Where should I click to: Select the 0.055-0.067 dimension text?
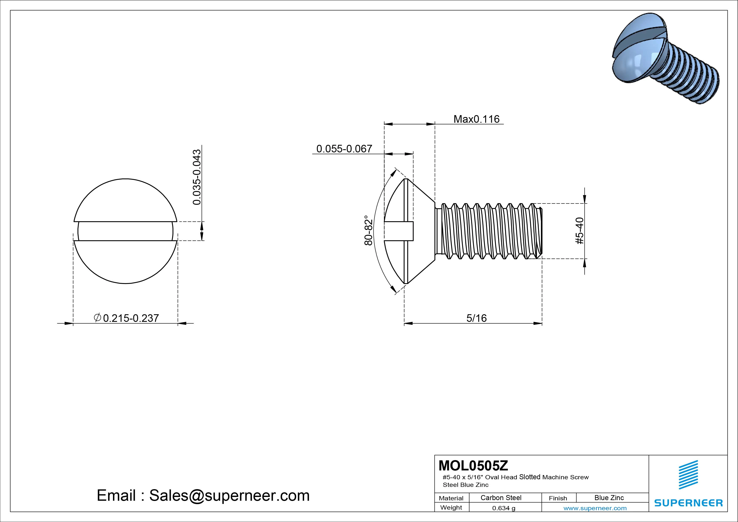coord(344,149)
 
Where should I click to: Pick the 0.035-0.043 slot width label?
coord(197,177)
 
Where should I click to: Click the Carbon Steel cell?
coord(501,498)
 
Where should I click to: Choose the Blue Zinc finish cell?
coord(609,498)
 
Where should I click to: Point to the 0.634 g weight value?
coord(504,508)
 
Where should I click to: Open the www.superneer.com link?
coord(595,508)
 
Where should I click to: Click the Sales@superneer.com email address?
coord(229,496)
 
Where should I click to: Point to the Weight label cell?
coord(451,507)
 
